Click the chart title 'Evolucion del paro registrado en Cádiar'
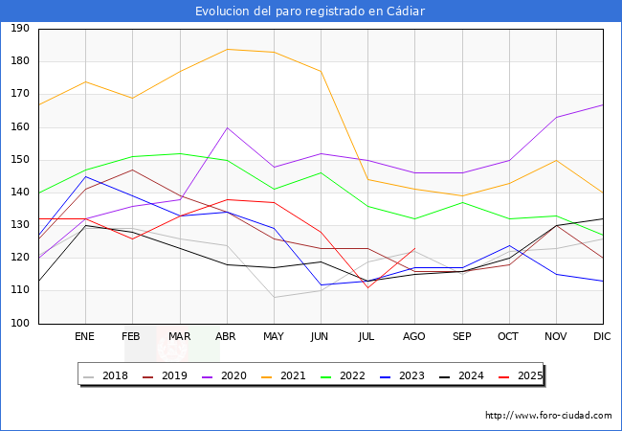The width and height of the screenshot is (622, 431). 310,11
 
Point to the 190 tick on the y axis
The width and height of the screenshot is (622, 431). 19,29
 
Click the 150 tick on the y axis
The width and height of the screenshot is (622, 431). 19,160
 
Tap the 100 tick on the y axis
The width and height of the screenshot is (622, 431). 19,324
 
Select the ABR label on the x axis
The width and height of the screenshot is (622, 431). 226,337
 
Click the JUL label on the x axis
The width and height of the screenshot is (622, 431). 367,337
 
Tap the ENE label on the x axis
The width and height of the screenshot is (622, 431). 85,337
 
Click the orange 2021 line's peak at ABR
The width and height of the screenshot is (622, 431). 227,49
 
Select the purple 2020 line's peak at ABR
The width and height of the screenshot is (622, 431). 227,127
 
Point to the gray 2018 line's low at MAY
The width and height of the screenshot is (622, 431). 274,297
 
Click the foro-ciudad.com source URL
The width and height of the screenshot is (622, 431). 548,416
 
